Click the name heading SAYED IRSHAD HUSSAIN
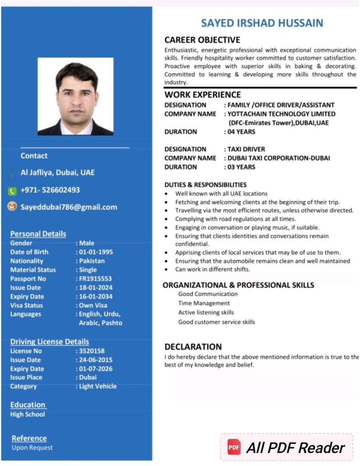pos(262,23)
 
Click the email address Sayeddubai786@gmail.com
pos(69,207)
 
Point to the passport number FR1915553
pos(95,279)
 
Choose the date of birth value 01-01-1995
pos(96,252)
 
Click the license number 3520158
pos(92,351)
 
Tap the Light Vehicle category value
pos(98,386)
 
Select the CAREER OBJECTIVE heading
pos(202,40)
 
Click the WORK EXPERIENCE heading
pos(202,95)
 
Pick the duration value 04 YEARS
pos(241,132)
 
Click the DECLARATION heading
pos(193,347)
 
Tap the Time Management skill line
pos(204,303)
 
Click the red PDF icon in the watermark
pos(234,448)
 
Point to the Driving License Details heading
pos(49,342)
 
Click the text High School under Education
pos(27,414)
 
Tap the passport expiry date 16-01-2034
pos(96,297)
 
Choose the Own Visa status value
pos(93,305)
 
